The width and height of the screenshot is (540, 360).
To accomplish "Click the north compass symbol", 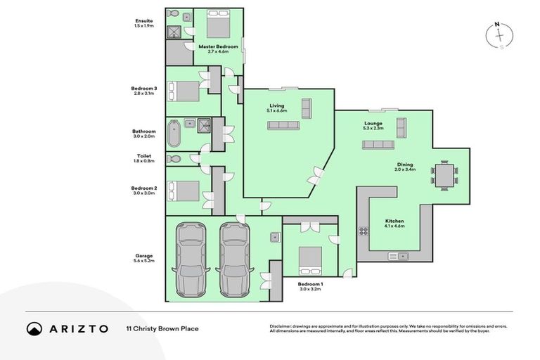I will click(499, 33).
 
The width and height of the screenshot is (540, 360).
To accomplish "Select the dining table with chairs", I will click(444, 175).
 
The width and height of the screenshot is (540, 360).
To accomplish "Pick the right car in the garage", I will click(234, 258).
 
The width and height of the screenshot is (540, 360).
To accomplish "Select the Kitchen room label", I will click(394, 221).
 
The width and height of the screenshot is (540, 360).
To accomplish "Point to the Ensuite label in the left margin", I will click(144, 21).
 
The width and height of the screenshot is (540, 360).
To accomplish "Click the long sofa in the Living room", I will click(283, 125).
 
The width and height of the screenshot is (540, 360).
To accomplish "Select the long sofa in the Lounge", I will click(378, 144).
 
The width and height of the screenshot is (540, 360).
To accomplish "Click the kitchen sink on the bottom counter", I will click(404, 256).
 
